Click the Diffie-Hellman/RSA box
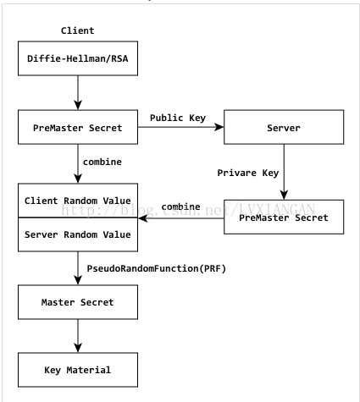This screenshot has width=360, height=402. tap(78, 58)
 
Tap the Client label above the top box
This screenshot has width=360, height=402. tap(78, 30)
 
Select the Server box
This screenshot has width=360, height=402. tap(284, 127)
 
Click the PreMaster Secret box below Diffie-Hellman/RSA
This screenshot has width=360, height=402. tap(78, 127)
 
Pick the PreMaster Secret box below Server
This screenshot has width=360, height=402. tap(284, 217)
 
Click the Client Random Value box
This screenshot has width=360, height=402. tap(78, 201)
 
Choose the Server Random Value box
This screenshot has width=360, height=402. tap(78, 234)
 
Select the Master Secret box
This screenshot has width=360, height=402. tap(78, 302)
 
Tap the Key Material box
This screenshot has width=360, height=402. tap(78, 370)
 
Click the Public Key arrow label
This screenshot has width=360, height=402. tap(178, 118)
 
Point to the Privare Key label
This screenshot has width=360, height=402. tap(248, 173)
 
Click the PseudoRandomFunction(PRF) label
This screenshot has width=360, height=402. tap(157, 268)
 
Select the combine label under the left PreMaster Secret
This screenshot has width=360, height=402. tap(102, 162)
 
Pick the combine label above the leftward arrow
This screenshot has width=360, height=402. tap(180, 207)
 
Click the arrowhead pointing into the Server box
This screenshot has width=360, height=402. tap(219, 127)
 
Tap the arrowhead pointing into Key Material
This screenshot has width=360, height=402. tap(78, 348)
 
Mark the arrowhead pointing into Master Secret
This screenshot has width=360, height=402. tap(78, 280)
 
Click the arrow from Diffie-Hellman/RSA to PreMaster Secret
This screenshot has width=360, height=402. tap(78, 93)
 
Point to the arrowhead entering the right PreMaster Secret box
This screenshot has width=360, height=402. tap(284, 195)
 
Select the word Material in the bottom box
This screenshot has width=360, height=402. tap(89, 370)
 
